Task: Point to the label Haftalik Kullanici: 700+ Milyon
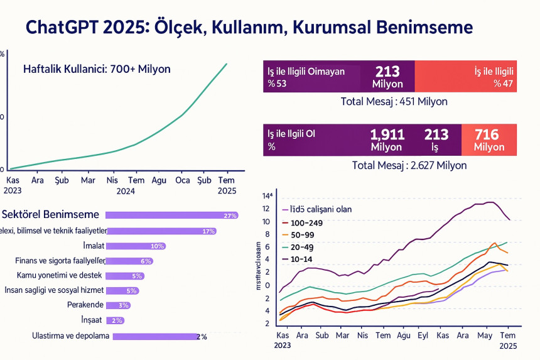click(97, 69)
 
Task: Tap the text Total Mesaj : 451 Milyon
click(394, 101)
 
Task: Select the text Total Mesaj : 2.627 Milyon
click(400, 165)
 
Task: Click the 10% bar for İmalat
click(136, 246)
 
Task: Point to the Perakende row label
click(85, 305)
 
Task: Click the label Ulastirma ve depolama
click(71, 335)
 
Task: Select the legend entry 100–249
click(308, 223)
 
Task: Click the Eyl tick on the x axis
click(421, 335)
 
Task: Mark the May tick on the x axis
click(485, 335)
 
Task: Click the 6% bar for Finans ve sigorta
click(129, 261)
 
